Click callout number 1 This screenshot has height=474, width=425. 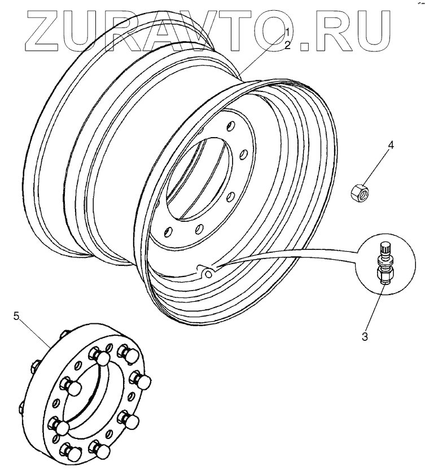[x=287, y=31]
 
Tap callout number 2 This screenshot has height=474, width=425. [x=287, y=45]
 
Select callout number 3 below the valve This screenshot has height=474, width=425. [x=365, y=336]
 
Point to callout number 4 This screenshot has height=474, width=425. [x=391, y=146]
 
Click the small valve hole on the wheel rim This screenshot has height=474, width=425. [x=208, y=274]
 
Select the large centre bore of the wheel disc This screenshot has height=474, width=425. [x=200, y=178]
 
